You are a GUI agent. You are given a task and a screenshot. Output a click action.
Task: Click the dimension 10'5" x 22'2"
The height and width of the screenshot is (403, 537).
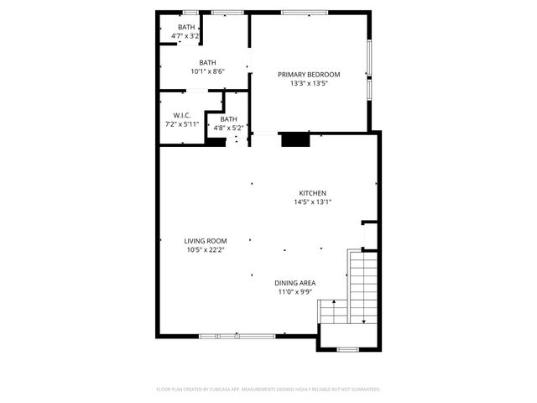(x=205, y=249)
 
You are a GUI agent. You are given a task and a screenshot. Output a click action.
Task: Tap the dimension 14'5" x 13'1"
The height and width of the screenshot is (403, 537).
(x=312, y=201)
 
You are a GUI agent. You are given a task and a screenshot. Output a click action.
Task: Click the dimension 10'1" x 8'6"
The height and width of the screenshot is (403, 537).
(x=207, y=71)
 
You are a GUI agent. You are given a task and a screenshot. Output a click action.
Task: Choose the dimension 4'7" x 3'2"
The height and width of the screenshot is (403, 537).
(x=185, y=36)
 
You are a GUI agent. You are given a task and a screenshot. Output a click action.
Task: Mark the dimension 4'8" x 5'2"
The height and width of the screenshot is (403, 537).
(x=228, y=128)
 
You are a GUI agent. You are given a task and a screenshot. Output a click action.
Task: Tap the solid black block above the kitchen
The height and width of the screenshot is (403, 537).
(x=295, y=139)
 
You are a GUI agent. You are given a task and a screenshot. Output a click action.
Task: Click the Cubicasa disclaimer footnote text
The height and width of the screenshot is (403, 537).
(x=268, y=390)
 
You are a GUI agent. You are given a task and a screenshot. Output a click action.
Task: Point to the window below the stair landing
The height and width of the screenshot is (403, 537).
(x=347, y=348)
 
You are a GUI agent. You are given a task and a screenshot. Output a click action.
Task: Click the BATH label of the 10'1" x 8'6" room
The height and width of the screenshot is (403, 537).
(x=207, y=62)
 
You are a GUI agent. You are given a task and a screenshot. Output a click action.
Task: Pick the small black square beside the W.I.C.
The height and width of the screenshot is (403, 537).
(x=216, y=142)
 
